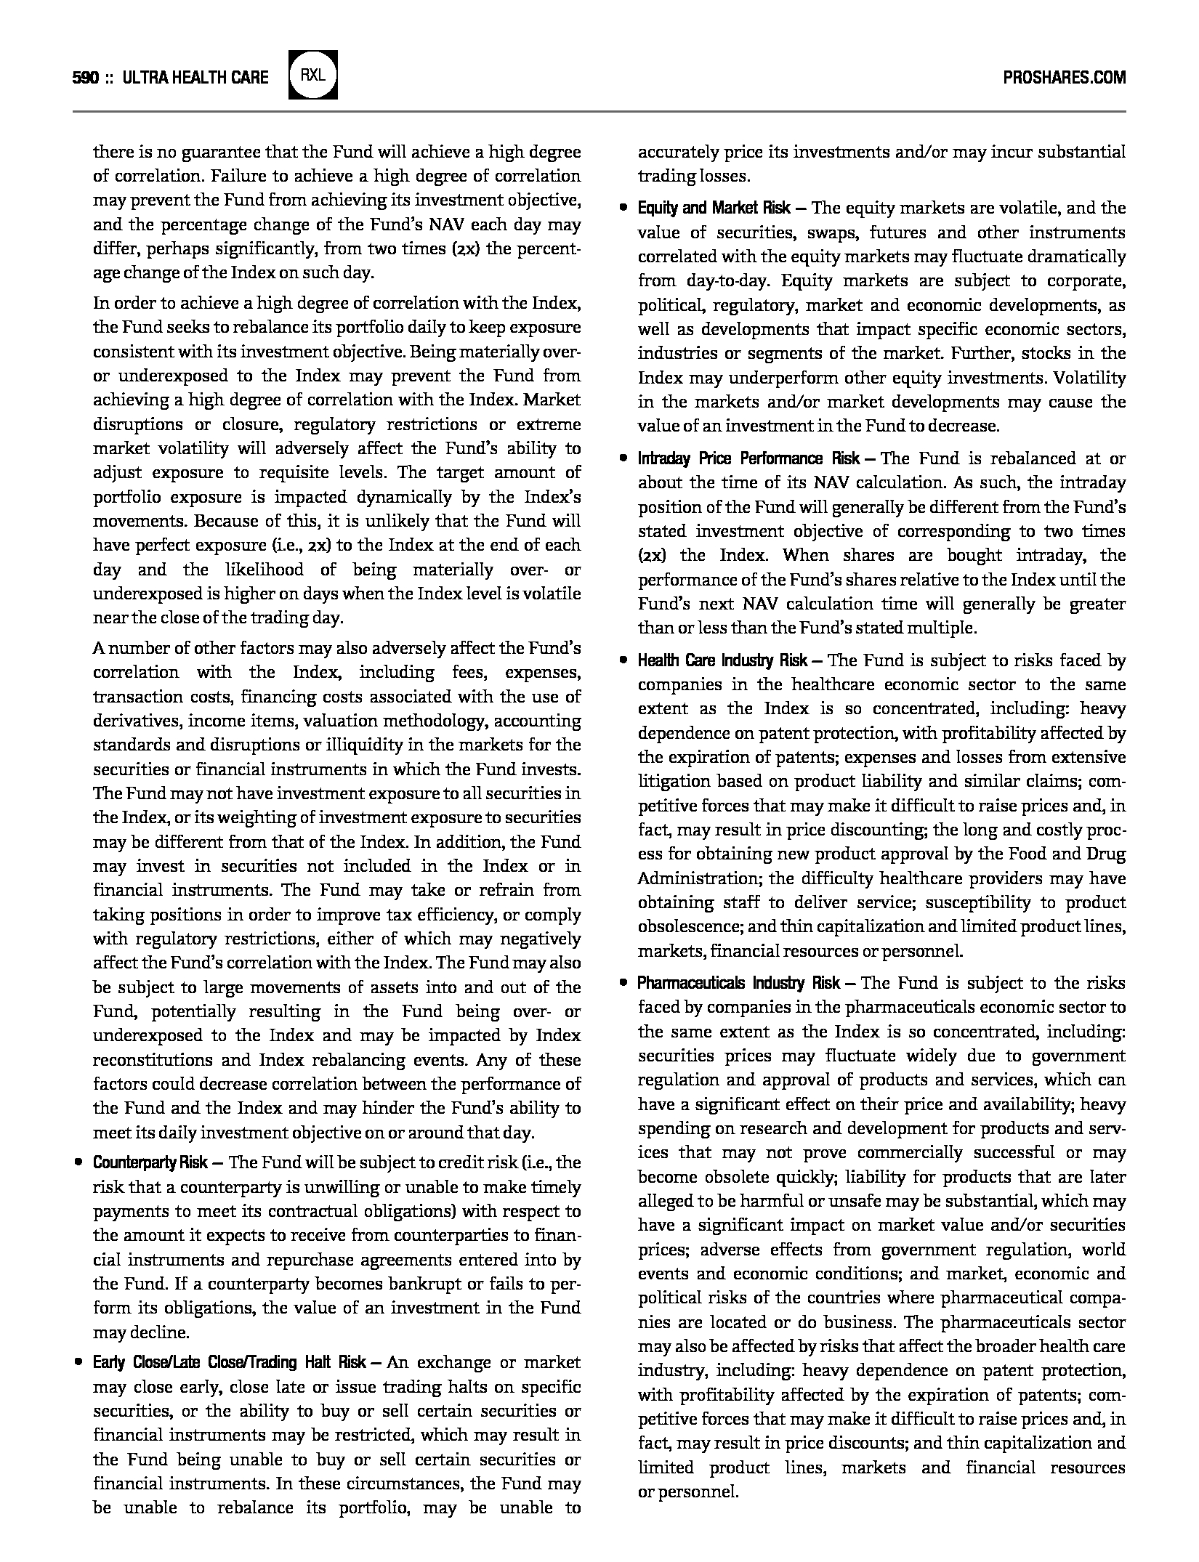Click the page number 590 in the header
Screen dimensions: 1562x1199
86,78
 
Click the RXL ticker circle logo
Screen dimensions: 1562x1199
313,75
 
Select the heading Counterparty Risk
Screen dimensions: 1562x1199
150,1162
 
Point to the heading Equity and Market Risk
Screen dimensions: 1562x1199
714,209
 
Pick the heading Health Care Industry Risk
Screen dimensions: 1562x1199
722,660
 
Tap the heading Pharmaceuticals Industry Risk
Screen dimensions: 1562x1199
738,984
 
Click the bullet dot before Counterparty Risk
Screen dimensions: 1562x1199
78,1162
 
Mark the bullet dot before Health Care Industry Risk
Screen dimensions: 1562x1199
623,660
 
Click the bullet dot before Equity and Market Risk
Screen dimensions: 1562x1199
623,209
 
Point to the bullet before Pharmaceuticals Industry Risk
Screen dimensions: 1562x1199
623,984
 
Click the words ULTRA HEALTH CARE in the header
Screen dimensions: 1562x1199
196,78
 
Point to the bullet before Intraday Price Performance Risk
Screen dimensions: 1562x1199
623,459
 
